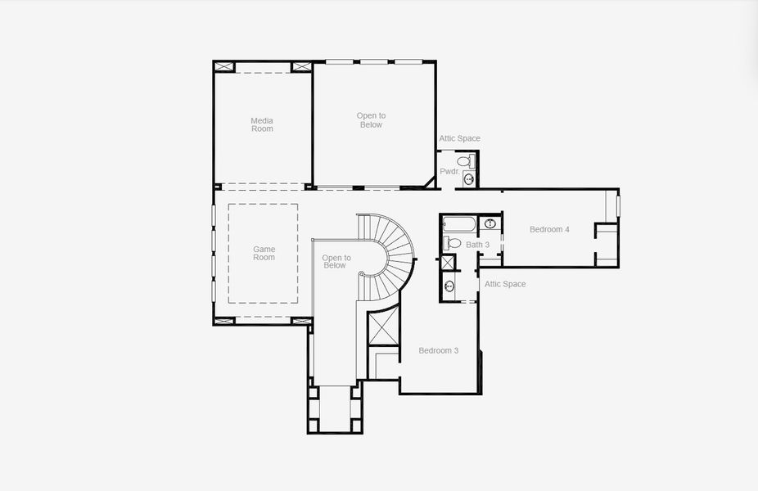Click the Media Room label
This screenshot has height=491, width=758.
(262, 124)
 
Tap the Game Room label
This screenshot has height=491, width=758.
(264, 253)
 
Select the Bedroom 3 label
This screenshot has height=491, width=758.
(438, 350)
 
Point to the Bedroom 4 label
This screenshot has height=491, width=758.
(549, 229)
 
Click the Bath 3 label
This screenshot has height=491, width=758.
(478, 245)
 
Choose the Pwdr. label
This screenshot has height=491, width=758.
(449, 171)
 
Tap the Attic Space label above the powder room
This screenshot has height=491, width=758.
(459, 138)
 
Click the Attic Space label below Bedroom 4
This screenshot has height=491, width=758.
(505, 284)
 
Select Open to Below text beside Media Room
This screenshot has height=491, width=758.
(371, 120)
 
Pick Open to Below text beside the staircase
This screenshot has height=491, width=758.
(336, 261)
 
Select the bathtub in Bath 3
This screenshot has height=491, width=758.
(458, 224)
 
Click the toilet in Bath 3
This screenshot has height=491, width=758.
(453, 243)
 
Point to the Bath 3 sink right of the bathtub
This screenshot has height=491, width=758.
(490, 223)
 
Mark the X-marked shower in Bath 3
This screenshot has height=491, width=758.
(449, 263)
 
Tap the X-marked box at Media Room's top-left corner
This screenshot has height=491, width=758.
(224, 66)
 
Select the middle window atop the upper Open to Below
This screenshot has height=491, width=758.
(373, 61)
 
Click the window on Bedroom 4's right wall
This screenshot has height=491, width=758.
(618, 205)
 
